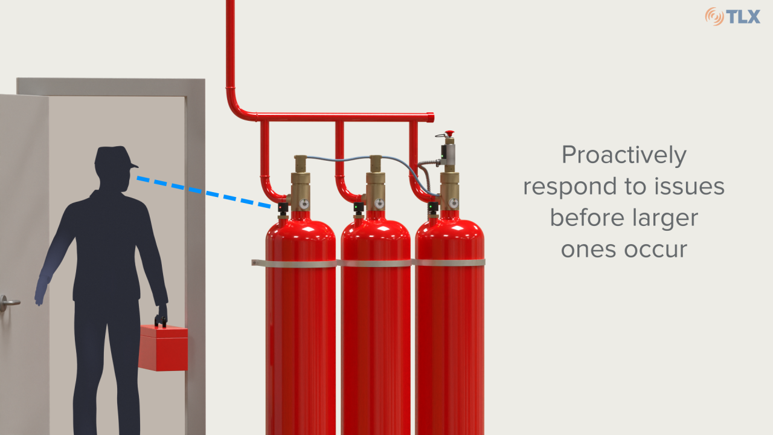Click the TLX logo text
click(x=743, y=16)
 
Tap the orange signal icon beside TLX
click(x=714, y=16)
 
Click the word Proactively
click(x=624, y=155)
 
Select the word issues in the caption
click(x=688, y=187)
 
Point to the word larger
click(x=662, y=217)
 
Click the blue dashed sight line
click(x=202, y=193)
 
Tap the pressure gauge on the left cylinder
click(x=304, y=204)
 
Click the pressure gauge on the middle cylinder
click(x=379, y=204)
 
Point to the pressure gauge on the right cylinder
click(x=453, y=204)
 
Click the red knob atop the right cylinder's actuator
click(x=449, y=133)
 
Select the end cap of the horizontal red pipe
click(x=431, y=117)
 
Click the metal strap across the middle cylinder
click(x=376, y=263)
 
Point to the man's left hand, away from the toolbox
click(x=40, y=291)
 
